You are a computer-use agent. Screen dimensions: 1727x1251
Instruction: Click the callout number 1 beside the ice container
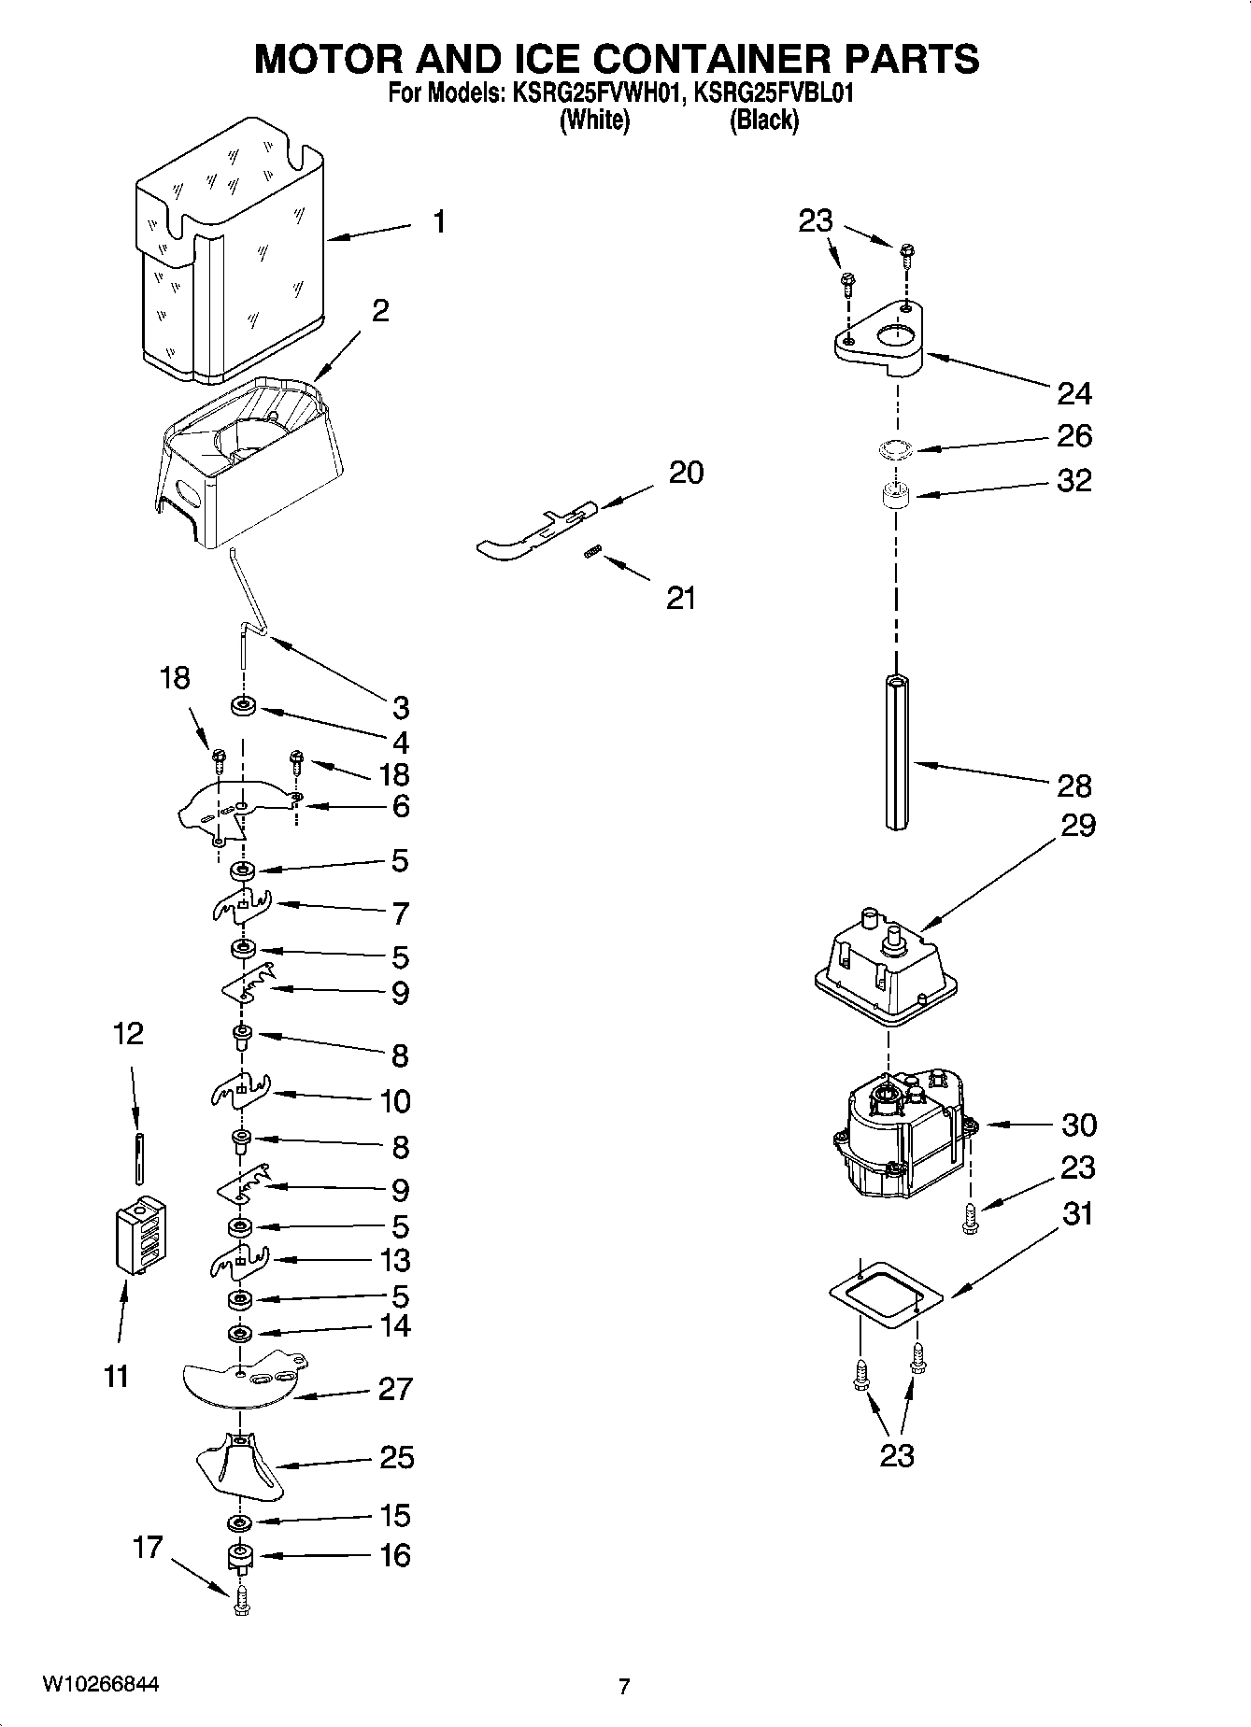click(x=438, y=222)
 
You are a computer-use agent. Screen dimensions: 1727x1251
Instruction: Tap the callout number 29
click(x=1077, y=826)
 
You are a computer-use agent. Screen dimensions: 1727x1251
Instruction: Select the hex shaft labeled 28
click(x=896, y=753)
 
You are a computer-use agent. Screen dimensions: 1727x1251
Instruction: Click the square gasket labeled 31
click(x=886, y=1295)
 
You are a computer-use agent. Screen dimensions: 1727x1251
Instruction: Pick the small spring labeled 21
click(x=590, y=553)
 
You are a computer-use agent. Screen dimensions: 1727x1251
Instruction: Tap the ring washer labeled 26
click(x=895, y=450)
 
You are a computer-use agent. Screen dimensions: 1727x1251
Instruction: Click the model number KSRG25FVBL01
click(x=775, y=94)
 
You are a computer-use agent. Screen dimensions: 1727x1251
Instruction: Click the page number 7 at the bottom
click(x=624, y=1686)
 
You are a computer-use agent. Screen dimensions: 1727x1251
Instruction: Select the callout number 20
click(x=686, y=473)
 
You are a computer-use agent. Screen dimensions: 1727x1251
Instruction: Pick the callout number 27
click(x=395, y=1388)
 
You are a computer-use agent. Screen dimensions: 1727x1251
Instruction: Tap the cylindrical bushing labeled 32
click(x=896, y=495)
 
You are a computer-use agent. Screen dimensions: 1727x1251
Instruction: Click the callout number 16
click(x=395, y=1555)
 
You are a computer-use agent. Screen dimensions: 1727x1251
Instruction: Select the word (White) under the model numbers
click(x=594, y=120)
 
